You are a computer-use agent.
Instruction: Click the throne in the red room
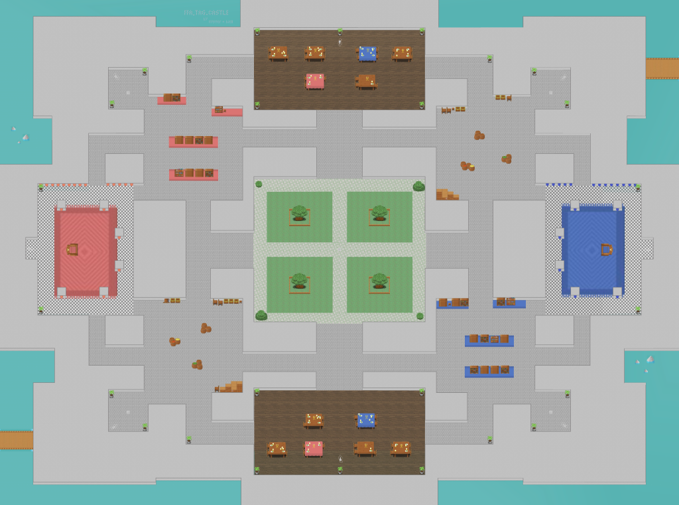[73, 250]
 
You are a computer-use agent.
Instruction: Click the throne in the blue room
[606, 250]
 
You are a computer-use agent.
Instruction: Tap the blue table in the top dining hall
[367, 54]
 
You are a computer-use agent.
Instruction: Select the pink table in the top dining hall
[315, 81]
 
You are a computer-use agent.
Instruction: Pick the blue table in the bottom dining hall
[366, 420]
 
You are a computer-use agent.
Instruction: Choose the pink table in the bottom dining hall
[314, 449]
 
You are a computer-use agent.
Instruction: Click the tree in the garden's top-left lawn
[299, 214]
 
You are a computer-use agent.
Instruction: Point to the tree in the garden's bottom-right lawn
[379, 281]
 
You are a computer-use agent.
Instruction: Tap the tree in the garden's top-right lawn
[379, 214]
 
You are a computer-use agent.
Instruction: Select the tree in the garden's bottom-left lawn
[299, 281]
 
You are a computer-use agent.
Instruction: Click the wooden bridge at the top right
[662, 68]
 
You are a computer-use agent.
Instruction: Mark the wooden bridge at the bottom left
[16, 439]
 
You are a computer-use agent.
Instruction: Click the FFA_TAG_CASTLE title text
[206, 13]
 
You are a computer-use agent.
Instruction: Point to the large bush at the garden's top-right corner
[418, 186]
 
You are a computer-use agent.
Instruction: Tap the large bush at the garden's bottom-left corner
[261, 315]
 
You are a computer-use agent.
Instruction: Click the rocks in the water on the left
[22, 135]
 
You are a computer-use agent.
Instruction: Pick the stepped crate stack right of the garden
[446, 194]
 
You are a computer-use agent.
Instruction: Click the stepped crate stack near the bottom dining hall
[231, 386]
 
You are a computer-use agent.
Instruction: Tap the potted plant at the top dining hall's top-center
[339, 32]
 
